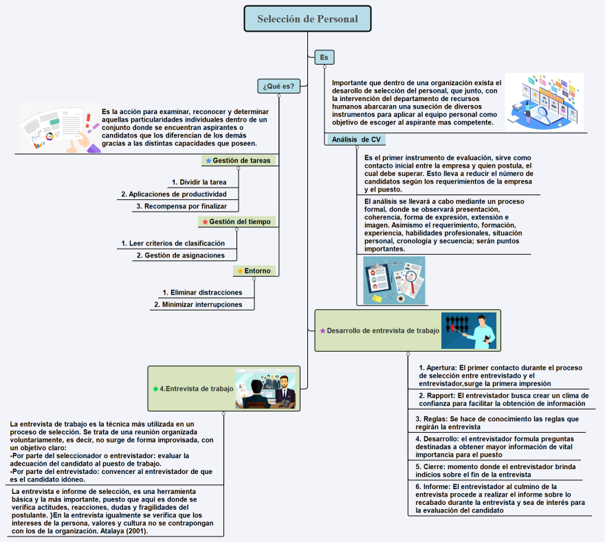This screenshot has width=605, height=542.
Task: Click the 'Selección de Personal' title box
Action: pos(307,19)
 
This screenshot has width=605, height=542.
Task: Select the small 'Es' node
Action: pos(324,58)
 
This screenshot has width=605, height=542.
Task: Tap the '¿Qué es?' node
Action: pos(278,86)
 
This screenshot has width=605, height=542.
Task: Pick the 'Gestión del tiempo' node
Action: pos(237,221)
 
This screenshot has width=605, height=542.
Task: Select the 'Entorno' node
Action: pos(254,271)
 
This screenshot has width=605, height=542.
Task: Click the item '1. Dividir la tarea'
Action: pos(199,182)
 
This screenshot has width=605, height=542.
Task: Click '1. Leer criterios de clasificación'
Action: pos(173,243)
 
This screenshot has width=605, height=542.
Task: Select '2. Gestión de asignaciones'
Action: pos(180,255)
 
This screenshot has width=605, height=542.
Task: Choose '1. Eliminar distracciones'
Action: pos(202,292)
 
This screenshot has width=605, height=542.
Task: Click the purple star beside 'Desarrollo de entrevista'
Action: pos(322,330)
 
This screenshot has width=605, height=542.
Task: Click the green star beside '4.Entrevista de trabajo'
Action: pos(155,389)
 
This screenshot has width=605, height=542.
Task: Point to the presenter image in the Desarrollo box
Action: pos(469,330)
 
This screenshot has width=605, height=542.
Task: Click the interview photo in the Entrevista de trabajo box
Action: pos(265,388)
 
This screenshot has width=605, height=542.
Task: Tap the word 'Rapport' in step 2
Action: pos(440,396)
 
